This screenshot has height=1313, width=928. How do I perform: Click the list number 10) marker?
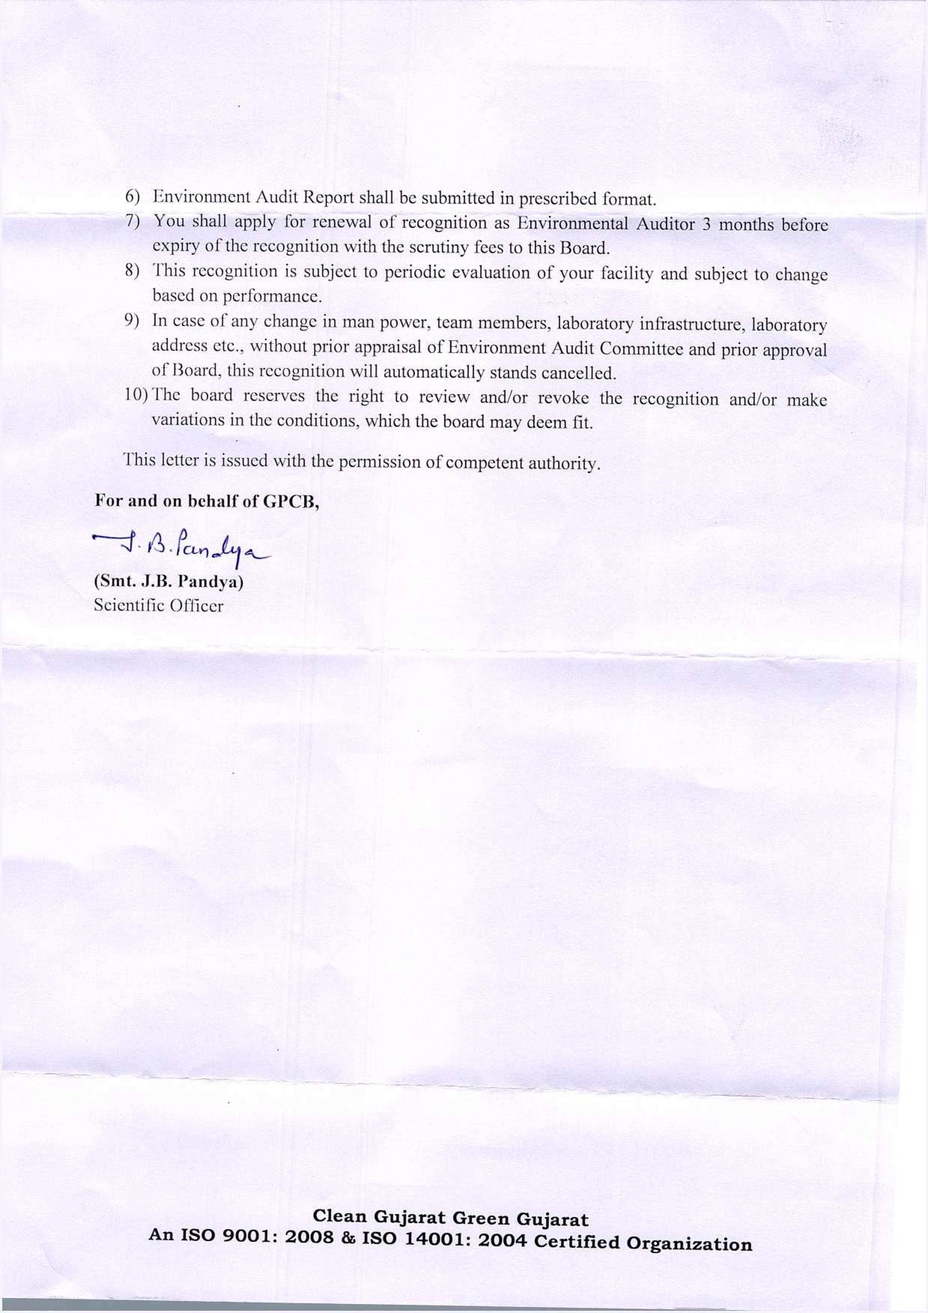[x=136, y=395]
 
